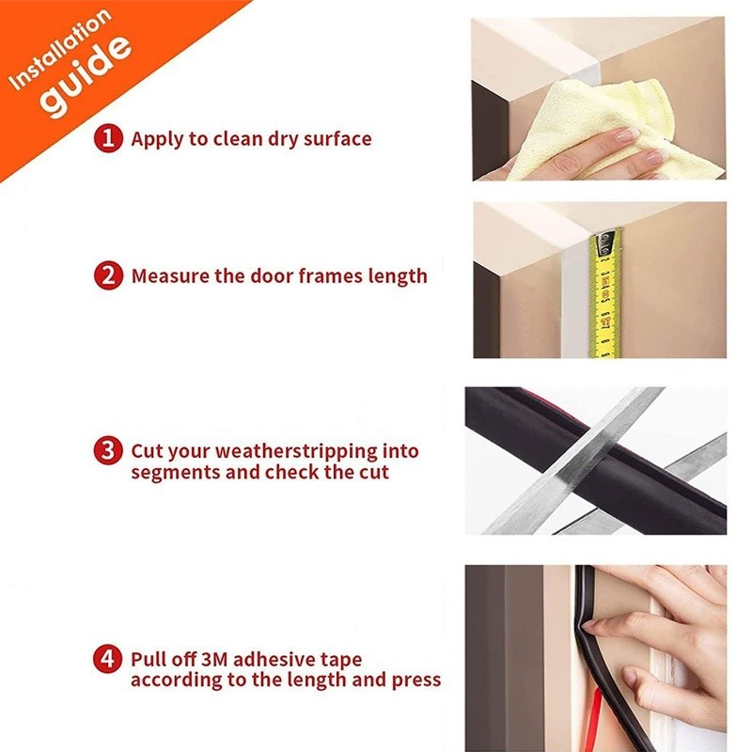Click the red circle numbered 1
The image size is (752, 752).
pos(108,138)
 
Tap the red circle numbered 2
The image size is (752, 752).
pos(108,275)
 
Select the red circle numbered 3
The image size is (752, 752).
pos(108,450)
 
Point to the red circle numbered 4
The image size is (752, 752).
pos(108,659)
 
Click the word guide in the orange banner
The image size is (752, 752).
pos(86,77)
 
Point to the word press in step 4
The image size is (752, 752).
pos(416,681)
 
